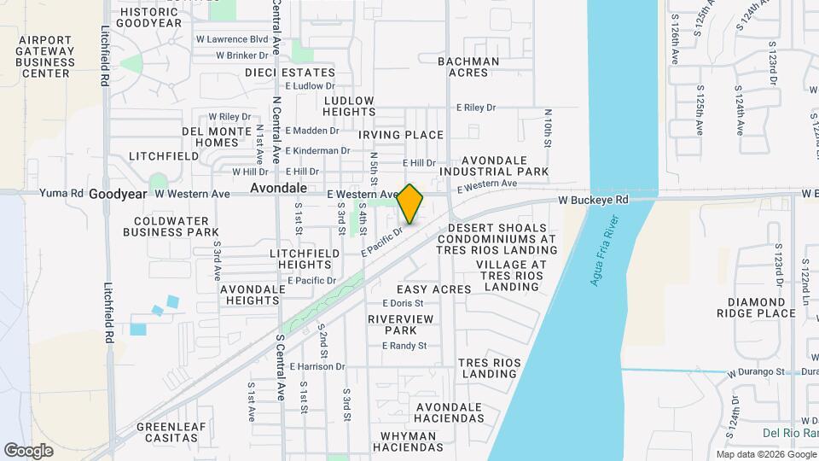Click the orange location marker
click(x=410, y=203)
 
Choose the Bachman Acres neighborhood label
click(x=468, y=67)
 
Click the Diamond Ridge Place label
click(x=762, y=307)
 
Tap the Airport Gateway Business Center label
click(x=46, y=56)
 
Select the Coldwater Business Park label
click(x=171, y=225)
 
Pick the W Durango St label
click(x=755, y=372)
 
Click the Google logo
click(x=28, y=450)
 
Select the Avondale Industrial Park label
click(x=504, y=166)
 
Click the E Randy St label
click(x=404, y=346)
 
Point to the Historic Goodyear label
click(x=150, y=17)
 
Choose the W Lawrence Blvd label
click(x=232, y=39)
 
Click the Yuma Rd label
click(x=61, y=194)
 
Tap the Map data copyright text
click(x=765, y=454)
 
